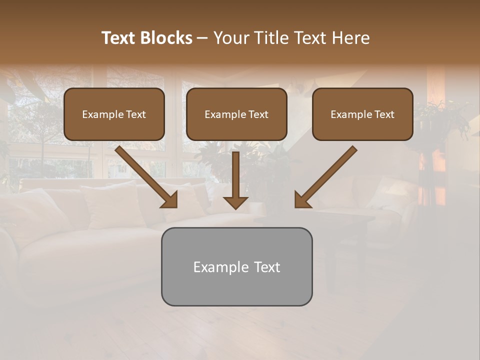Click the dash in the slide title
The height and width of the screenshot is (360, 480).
point(202,38)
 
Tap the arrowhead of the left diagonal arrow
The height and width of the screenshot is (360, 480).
point(169,200)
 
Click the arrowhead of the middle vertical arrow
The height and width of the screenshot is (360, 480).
point(236,202)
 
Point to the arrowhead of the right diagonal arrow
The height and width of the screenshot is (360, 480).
point(302,200)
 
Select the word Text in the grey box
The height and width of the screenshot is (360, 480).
point(267,267)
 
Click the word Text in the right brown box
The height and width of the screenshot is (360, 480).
point(384,114)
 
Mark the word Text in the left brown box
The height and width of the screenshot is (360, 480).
point(136,114)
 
